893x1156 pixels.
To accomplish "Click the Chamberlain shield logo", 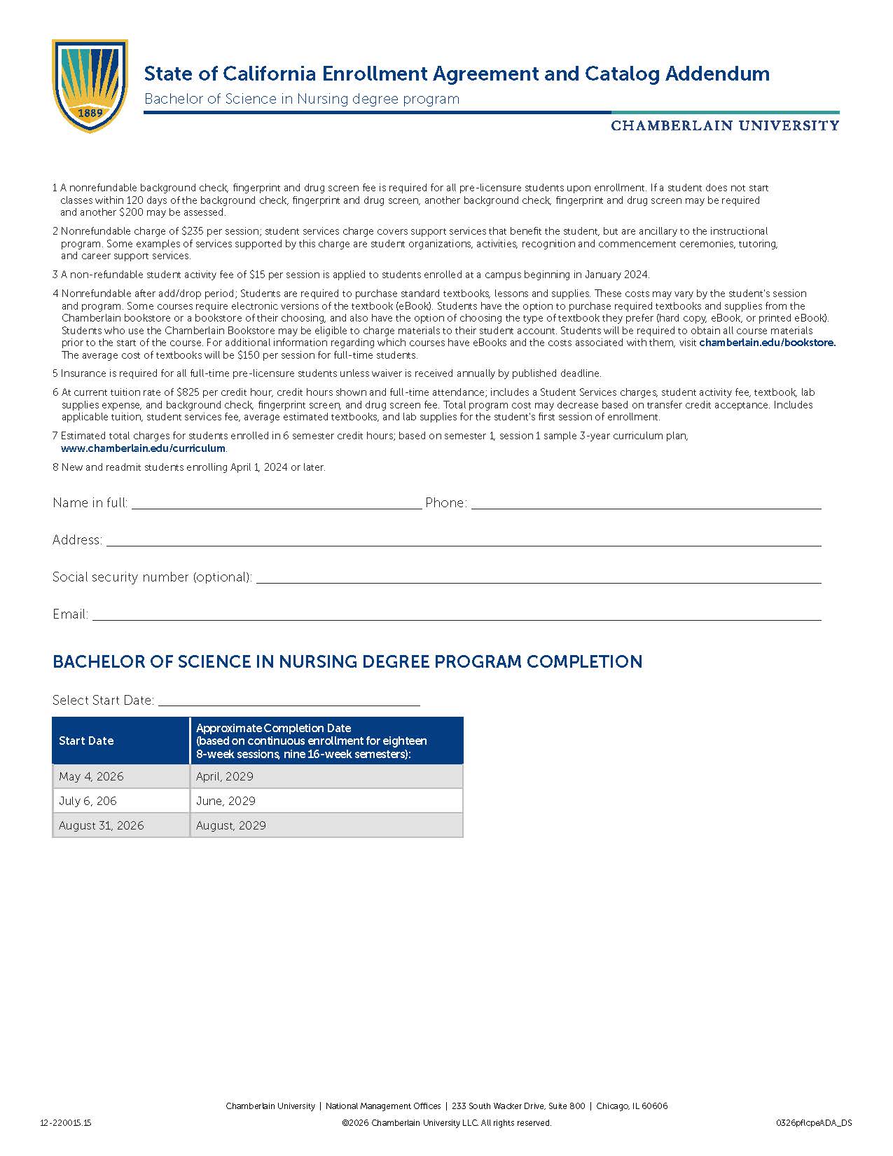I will coord(90,85).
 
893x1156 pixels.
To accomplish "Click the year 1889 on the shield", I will coord(90,113).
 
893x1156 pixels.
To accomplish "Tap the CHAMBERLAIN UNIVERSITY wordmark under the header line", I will coord(725,126).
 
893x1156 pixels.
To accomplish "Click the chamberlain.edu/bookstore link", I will coord(767,343).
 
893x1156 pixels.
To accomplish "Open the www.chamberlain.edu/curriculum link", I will coord(143,448).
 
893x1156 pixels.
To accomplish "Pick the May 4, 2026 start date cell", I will coord(91,776).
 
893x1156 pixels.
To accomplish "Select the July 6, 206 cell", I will coord(88,801).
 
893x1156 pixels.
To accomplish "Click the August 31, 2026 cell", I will coord(102,825).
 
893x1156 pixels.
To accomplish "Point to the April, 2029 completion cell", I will coord(225,776).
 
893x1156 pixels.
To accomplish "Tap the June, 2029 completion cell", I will coord(226,801).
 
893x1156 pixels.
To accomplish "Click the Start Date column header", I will coord(86,741).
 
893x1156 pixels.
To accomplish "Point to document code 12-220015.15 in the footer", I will coord(66,1123).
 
